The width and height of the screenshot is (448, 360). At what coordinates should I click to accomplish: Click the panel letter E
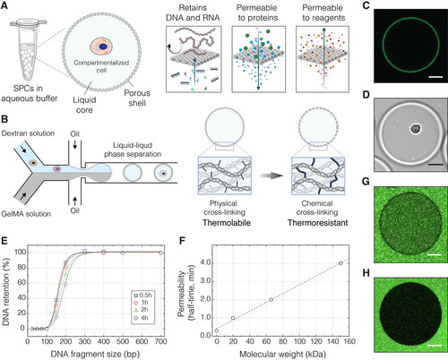tap(4, 241)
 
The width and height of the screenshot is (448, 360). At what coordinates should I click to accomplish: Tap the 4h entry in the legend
tap(141, 318)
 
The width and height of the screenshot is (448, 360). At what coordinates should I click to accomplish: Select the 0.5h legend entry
tap(142, 296)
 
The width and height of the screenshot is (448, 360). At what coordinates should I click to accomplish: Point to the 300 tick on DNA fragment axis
tap(84, 341)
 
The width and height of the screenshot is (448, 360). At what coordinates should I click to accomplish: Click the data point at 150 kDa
tap(340, 263)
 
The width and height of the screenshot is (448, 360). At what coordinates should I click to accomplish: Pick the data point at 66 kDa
tap(271, 300)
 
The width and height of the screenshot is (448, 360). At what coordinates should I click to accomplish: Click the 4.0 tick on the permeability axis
tap(205, 262)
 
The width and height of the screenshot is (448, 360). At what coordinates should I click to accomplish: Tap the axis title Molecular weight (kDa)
tap(282, 355)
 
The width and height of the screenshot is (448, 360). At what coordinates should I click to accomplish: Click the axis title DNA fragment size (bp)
tap(95, 355)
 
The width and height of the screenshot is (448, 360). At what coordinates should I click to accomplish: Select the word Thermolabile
tap(227, 223)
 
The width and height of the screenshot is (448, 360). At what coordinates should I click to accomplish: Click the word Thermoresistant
tap(317, 223)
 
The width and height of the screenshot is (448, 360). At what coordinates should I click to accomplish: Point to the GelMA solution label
tap(26, 214)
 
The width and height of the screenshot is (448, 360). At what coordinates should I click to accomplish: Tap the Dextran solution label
tap(28, 133)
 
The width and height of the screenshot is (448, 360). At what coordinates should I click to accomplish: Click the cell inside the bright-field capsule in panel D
tap(415, 129)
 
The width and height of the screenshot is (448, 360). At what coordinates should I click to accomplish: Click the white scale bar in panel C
tap(435, 77)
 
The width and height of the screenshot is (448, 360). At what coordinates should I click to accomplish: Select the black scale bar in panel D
tap(435, 164)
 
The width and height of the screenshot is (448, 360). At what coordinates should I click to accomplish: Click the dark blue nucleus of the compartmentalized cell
tap(103, 47)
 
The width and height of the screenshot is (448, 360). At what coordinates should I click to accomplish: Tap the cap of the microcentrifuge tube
tap(29, 21)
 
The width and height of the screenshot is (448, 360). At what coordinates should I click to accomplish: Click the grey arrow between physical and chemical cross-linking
tap(271, 176)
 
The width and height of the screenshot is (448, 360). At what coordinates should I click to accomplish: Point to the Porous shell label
tap(137, 98)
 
